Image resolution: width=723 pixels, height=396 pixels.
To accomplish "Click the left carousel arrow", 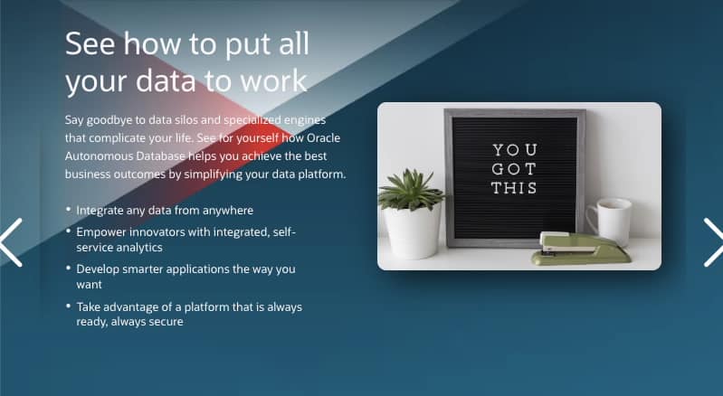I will tap(12, 242).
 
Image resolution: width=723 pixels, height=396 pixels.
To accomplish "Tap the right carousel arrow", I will tap(712, 242).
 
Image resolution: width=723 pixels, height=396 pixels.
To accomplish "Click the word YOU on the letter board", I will tap(514, 150).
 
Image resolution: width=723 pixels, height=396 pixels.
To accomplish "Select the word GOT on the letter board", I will tap(514, 169).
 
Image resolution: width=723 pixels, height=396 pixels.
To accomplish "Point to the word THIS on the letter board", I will tap(514, 188).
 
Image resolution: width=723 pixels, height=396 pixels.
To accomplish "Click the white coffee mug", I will tap(611, 221).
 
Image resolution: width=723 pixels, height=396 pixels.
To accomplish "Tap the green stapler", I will tap(579, 248).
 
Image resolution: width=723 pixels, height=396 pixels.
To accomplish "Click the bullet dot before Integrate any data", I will tap(69, 210).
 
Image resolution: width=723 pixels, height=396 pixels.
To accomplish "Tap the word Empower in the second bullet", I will tap(104, 232).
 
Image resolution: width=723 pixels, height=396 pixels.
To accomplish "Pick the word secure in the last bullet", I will tap(164, 321).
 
